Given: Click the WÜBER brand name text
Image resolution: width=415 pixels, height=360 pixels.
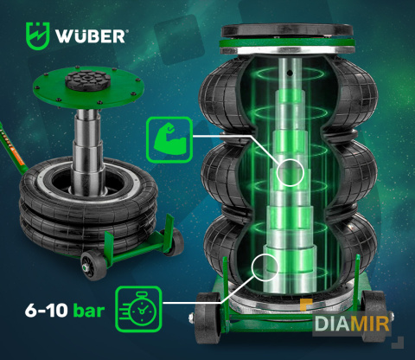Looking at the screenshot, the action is (x=91, y=35).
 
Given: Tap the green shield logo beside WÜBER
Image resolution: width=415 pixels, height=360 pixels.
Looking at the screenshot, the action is (x=38, y=35).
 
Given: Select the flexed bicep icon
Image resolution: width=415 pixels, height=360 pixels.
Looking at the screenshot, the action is (x=169, y=139).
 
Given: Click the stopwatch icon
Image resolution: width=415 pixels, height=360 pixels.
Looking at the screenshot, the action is (x=138, y=309).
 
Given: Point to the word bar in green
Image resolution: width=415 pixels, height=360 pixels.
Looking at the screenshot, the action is (x=89, y=311).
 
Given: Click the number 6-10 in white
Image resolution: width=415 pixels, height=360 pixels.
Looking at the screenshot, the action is (x=47, y=311).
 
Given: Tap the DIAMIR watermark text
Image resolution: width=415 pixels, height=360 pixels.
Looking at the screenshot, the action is (x=352, y=324).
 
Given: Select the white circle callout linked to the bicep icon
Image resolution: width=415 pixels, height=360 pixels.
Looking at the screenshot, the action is (x=290, y=172).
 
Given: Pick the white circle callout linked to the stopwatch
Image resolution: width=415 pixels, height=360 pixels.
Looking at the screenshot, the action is (x=265, y=267).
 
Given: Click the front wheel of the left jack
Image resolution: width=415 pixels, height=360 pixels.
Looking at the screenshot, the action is (x=93, y=266).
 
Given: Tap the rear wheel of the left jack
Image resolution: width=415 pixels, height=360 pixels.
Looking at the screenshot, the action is (x=174, y=241).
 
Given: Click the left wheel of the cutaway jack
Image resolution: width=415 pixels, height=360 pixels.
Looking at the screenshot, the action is (x=207, y=318).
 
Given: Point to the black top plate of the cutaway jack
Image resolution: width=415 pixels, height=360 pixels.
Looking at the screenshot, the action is (x=287, y=30).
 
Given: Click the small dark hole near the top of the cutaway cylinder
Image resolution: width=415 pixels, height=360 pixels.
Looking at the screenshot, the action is (x=290, y=74).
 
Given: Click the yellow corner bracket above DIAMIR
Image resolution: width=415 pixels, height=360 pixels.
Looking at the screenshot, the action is (x=306, y=305).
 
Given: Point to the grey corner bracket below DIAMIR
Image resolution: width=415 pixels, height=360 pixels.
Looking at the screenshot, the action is (x=399, y=343).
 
